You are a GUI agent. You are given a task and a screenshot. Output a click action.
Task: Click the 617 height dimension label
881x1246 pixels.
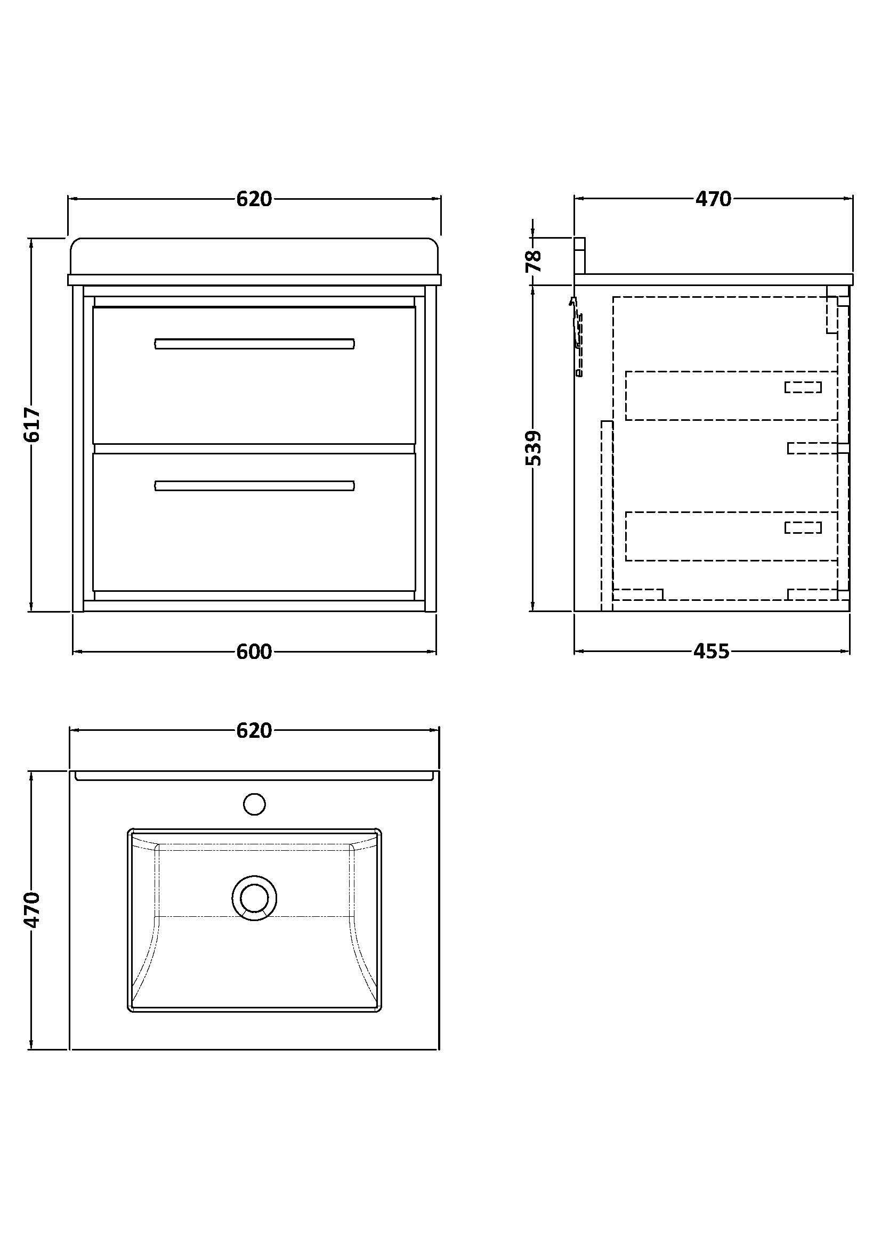click(33, 425)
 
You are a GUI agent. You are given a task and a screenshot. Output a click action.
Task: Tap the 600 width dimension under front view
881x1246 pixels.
click(254, 651)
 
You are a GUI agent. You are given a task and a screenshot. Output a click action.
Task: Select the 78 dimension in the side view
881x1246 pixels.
click(534, 260)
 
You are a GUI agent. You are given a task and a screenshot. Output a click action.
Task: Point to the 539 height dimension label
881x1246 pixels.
click(534, 448)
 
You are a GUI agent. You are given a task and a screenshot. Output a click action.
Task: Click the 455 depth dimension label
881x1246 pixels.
click(712, 651)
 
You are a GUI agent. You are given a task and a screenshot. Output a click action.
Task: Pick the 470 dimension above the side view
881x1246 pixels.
click(713, 199)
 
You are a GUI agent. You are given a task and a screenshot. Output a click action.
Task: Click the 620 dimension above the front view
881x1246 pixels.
click(254, 199)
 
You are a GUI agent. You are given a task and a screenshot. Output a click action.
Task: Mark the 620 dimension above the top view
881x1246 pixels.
click(254, 730)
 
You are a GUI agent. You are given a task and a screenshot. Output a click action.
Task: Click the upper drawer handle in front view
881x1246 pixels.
click(255, 344)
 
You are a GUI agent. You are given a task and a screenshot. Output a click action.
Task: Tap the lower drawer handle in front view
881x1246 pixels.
click(255, 486)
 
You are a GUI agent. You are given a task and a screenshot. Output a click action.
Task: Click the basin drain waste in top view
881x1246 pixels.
click(254, 898)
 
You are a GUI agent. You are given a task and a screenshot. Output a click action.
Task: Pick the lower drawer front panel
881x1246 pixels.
click(254, 538)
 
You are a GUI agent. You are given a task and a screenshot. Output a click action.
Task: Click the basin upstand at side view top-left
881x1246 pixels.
click(580, 256)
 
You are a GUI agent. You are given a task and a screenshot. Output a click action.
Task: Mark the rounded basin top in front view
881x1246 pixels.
click(254, 256)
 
